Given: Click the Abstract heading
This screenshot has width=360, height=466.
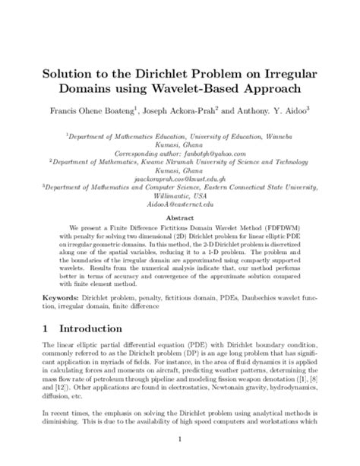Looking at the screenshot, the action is point(180,216).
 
